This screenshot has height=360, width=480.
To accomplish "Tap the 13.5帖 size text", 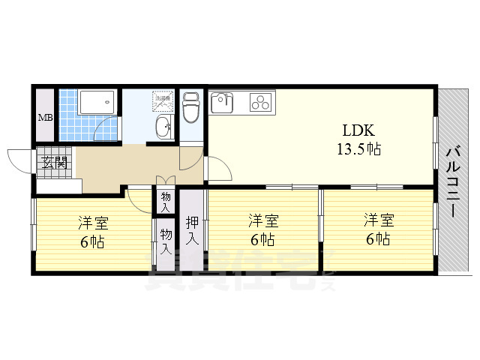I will [x=358, y=148].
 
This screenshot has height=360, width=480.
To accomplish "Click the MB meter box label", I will [x=45, y=118].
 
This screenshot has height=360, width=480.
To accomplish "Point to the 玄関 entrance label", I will [x=52, y=162].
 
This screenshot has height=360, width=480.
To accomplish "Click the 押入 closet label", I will [x=192, y=230].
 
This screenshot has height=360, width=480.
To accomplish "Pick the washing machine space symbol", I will [x=163, y=100].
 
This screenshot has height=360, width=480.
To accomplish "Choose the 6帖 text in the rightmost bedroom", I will [x=378, y=239].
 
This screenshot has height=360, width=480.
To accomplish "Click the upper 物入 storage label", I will [x=165, y=201].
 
